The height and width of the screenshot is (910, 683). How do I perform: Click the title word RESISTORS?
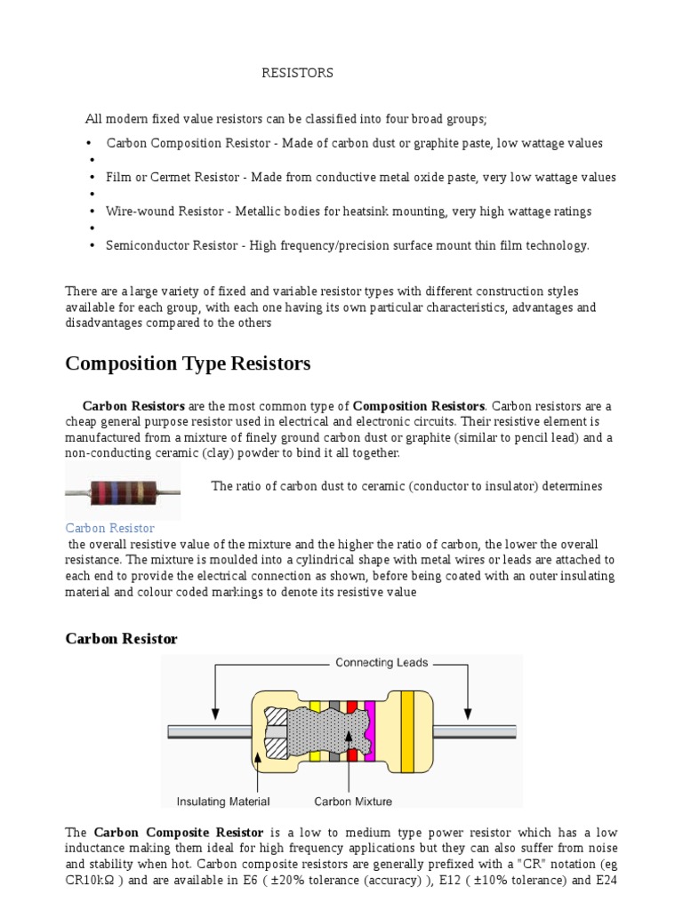(x=297, y=74)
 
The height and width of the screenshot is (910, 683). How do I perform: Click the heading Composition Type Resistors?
(x=188, y=363)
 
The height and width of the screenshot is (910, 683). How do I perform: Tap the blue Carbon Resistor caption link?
(x=110, y=528)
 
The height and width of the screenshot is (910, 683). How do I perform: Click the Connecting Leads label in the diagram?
(x=382, y=662)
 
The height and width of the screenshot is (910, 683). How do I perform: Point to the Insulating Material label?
(x=223, y=802)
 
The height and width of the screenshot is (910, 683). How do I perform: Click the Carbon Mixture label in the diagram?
(x=353, y=802)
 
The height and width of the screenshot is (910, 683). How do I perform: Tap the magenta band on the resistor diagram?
(x=370, y=731)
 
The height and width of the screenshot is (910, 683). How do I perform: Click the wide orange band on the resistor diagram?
(x=407, y=731)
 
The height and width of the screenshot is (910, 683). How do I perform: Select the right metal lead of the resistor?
(x=480, y=732)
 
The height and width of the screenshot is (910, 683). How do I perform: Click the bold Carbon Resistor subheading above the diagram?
(x=122, y=639)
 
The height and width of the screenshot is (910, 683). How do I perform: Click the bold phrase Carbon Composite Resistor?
(x=179, y=833)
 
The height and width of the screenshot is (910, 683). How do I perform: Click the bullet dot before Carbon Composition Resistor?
(x=90, y=144)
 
